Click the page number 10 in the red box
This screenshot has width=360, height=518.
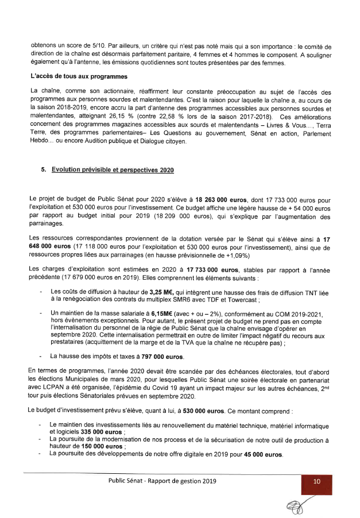coord(316,481)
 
